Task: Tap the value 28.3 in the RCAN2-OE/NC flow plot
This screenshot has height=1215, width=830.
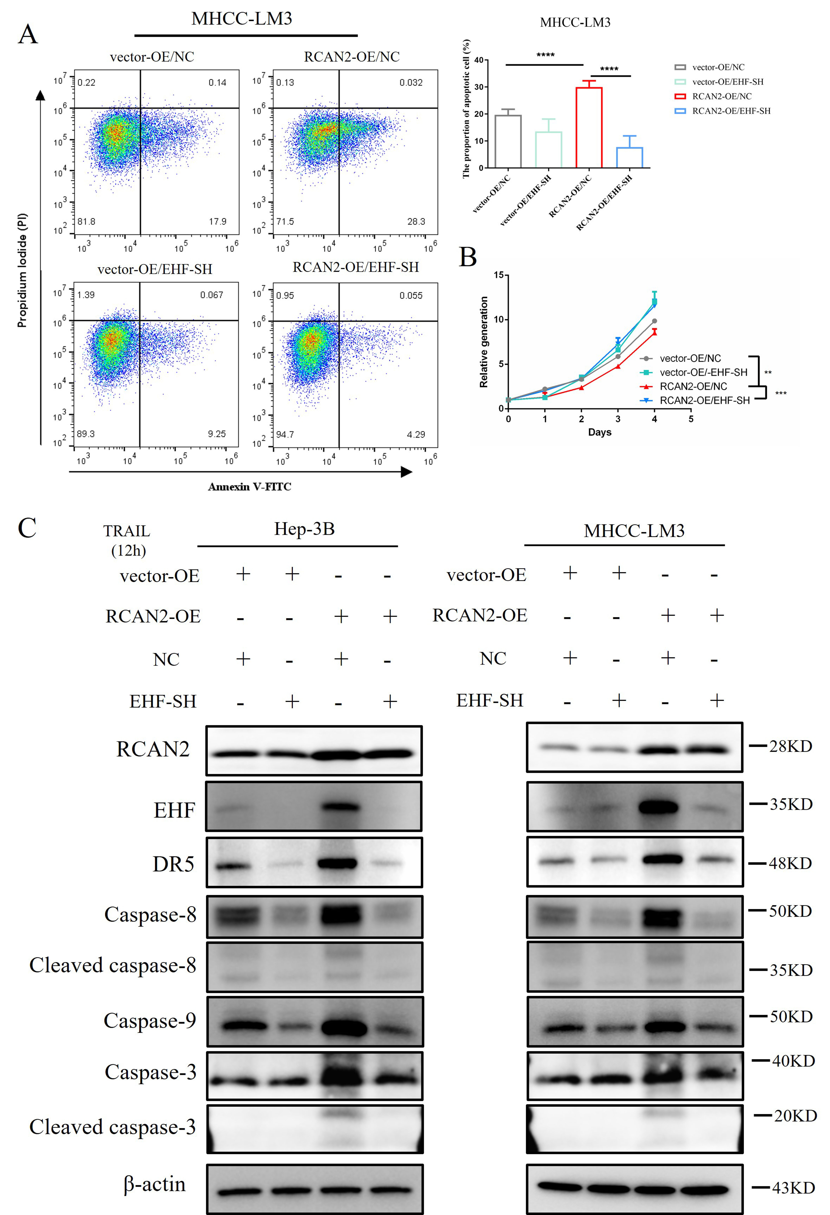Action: [x=416, y=222]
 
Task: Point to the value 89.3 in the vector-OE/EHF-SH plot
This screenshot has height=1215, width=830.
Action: [x=86, y=434]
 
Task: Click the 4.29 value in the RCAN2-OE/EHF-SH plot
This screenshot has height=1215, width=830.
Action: [x=416, y=434]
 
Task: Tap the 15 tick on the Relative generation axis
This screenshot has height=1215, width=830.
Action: [x=499, y=275]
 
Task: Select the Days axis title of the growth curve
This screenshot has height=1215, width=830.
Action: [x=599, y=432]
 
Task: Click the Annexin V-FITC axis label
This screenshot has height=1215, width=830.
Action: [x=250, y=487]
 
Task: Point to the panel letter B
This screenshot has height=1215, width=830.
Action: [x=468, y=257]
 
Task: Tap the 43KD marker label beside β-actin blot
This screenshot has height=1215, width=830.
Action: [x=793, y=1188]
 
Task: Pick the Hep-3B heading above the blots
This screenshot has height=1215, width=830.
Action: [x=304, y=529]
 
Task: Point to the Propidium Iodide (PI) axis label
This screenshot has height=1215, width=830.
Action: [x=22, y=270]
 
